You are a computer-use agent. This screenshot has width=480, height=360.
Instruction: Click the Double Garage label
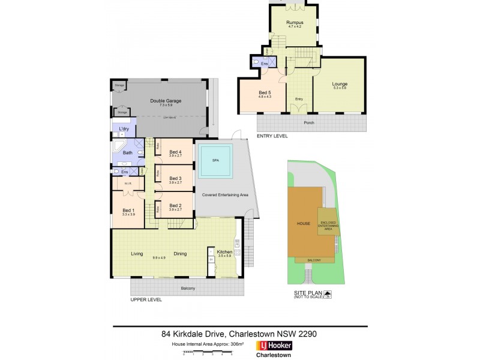[166, 101]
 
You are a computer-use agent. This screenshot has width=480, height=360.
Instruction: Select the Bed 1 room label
[128, 210]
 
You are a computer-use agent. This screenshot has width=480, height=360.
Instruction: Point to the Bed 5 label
[265, 92]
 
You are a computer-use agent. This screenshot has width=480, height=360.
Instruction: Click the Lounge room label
[340, 84]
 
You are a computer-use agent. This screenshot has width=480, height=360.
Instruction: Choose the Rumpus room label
[294, 23]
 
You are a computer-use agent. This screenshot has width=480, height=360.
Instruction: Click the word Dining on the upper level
[180, 254]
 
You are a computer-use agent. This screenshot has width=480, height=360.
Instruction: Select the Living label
[137, 254]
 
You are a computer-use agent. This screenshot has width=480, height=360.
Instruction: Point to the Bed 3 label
[175, 178]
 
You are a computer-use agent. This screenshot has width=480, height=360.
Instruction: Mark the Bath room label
[127, 153]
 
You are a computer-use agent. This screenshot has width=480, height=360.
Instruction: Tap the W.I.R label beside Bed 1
[127, 184]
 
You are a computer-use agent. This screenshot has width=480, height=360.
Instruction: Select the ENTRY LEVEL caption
[272, 136]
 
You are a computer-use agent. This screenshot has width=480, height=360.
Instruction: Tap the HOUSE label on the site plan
[304, 224]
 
